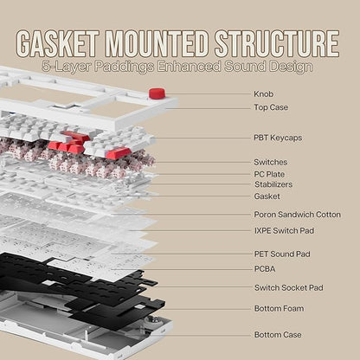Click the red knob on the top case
pyautogui.click(x=157, y=93)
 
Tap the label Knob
pyautogui.click(x=264, y=94)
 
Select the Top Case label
pyautogui.click(x=271, y=107)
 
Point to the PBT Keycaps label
pyautogui.click(x=278, y=138)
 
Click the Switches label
pyautogui.click(x=271, y=162)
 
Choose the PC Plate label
pyautogui.click(x=269, y=174)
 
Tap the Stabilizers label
pyautogui.click(x=273, y=184)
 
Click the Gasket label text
pyautogui.click(x=267, y=196)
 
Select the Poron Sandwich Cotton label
pyautogui.click(x=298, y=215)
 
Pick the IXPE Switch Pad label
pyautogui.click(x=284, y=231)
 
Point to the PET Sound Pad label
pyautogui.click(x=282, y=254)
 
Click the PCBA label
pyautogui.click(x=265, y=269)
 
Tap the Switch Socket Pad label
pyautogui.click(x=289, y=287)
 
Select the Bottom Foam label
pyautogui.click(x=279, y=308)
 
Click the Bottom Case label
pyautogui.click(x=278, y=335)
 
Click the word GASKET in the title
pyautogui.click(x=58, y=43)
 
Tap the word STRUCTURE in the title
pyautogui.click(x=277, y=43)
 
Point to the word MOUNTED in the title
pyautogui.click(x=157, y=43)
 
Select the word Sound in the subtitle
pyautogui.click(x=245, y=67)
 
